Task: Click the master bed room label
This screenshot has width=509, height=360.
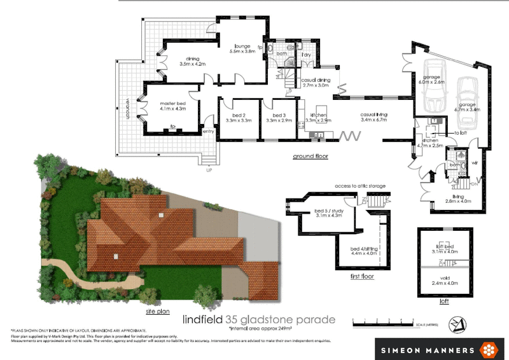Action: point(172,106)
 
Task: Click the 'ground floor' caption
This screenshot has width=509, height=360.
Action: point(310,156)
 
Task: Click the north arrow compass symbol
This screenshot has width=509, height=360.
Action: point(455,323)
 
